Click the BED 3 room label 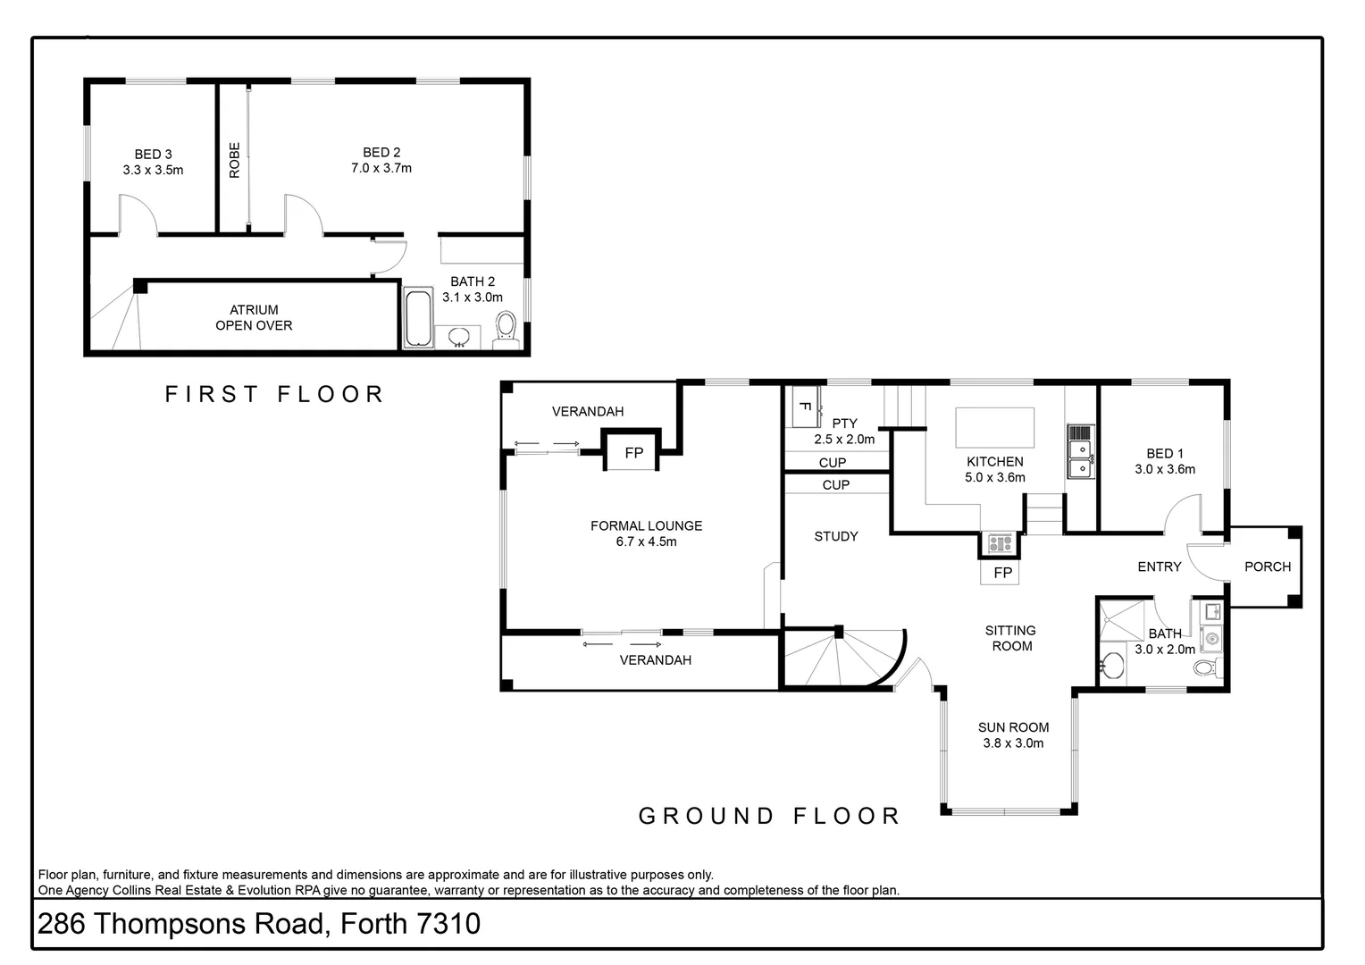click(153, 155)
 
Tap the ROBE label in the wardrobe click(235, 160)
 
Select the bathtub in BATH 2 click(417, 317)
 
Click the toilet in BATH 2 click(506, 328)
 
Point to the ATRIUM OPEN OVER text click(254, 318)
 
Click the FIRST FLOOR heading click(274, 394)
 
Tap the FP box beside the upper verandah click(633, 452)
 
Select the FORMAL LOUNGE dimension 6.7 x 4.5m click(646, 541)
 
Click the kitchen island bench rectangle click(994, 427)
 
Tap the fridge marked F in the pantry click(802, 407)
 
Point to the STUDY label click(836, 536)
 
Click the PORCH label click(1267, 566)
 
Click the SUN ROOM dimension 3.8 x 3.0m click(1013, 743)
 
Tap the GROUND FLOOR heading click(769, 816)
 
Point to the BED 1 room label click(1164, 454)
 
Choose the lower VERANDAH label click(655, 660)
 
